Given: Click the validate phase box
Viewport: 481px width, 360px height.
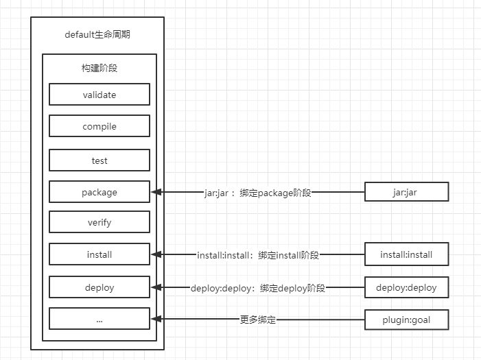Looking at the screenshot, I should [99, 95].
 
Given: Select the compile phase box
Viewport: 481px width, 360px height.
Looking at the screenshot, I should [99, 126].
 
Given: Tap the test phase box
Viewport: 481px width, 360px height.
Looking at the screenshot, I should [99, 160].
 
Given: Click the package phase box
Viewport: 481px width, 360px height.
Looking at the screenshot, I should [99, 192].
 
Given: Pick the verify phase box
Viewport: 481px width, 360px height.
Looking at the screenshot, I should [99, 222].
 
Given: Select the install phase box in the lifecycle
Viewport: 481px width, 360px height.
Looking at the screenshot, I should [99, 254].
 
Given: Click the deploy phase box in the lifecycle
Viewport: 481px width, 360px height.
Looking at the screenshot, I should [99, 287].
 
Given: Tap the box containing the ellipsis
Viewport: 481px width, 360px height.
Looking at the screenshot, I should [99, 319].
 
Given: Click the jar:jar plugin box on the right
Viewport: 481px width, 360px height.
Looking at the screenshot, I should [406, 192].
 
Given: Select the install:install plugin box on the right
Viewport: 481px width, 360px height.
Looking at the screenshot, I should [406, 254].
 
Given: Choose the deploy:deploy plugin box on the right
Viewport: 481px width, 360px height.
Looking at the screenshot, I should [406, 287].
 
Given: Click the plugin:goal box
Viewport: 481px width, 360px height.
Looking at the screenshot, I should [406, 319].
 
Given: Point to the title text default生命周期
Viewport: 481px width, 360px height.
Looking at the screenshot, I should [97, 35].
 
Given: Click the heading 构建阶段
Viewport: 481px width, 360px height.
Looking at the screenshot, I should [99, 68].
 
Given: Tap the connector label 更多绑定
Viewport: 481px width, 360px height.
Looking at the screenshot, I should [257, 320].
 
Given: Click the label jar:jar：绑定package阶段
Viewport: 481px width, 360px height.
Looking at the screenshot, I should [257, 193].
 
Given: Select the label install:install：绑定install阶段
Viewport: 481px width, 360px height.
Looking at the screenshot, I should [257, 255].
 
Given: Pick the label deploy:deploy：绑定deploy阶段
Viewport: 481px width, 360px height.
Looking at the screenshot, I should [257, 288].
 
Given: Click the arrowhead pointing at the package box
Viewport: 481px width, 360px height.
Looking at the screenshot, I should [156, 192].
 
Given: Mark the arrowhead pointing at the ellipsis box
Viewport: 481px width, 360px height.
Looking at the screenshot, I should [156, 319].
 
